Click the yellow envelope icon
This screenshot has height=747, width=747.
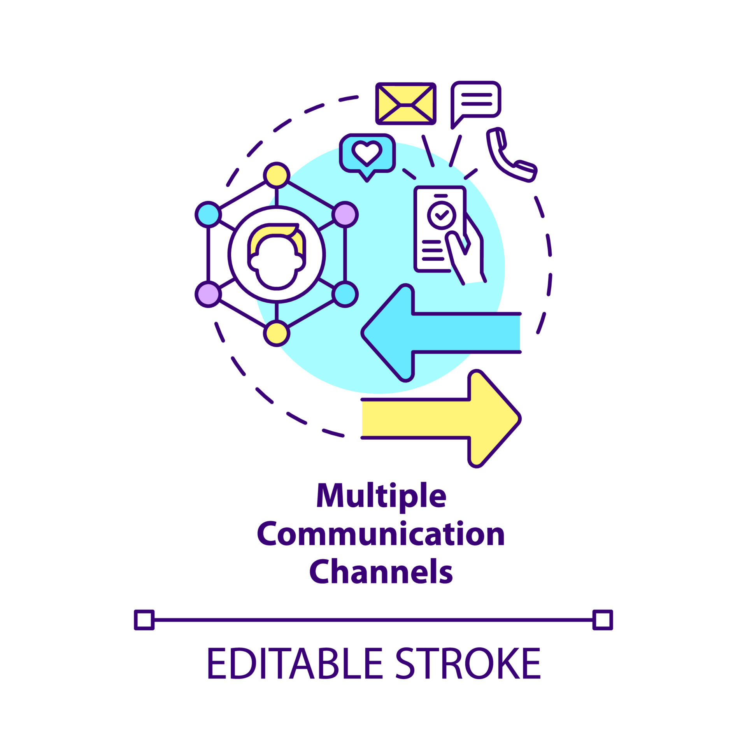(405, 104)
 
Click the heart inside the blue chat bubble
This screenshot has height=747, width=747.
(367, 153)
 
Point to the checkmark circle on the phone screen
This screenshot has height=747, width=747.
(441, 215)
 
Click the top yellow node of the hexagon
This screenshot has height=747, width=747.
(277, 175)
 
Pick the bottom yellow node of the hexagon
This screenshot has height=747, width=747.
(277, 333)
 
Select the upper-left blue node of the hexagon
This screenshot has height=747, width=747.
(209, 214)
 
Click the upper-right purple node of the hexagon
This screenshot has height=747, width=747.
(345, 214)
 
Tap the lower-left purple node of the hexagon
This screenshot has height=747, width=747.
(209, 294)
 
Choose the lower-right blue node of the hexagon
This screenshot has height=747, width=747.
(345, 294)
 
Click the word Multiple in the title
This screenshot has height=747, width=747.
(381, 496)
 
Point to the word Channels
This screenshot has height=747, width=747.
(381, 572)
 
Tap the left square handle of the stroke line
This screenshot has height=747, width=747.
(144, 620)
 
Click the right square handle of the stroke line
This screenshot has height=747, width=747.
(603, 620)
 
